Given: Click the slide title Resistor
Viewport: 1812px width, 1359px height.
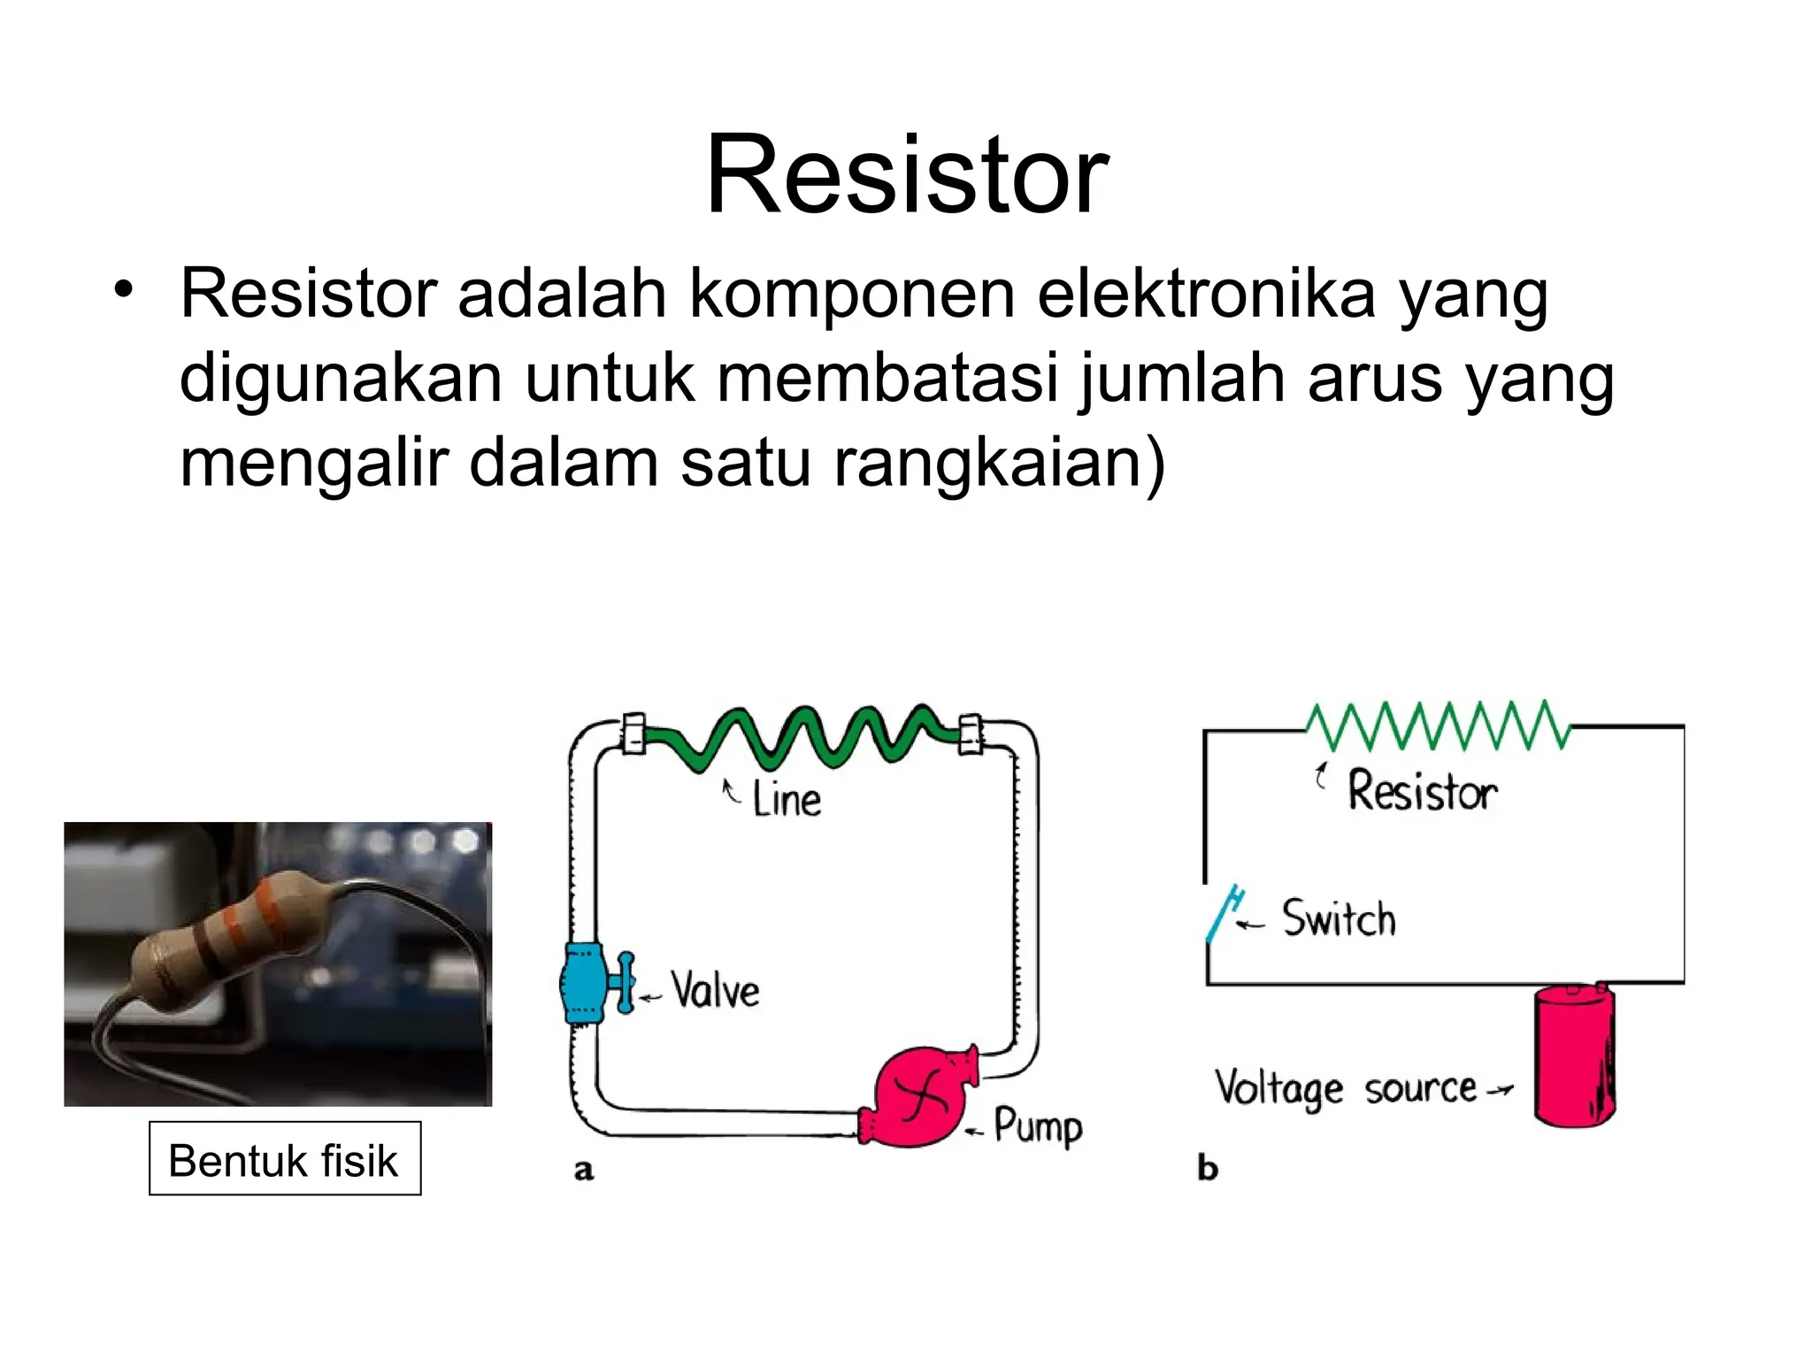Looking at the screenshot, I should click(x=906, y=174).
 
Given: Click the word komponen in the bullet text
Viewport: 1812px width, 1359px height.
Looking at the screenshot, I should click(x=851, y=294).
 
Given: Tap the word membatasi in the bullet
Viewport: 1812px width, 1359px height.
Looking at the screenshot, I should click(x=887, y=379).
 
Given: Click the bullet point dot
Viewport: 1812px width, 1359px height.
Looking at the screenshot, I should click(x=123, y=288).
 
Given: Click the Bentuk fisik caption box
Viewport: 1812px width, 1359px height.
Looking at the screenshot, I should click(x=284, y=1160).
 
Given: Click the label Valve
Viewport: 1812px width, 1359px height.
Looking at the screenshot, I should click(x=715, y=990).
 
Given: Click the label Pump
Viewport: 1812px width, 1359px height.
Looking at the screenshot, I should click(x=1037, y=1126).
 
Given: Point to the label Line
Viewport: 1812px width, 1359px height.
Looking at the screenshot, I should click(x=786, y=799).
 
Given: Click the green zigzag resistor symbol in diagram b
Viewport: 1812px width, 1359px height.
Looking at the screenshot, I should click(x=1438, y=726).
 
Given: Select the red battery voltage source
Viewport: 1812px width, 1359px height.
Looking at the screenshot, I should click(x=1574, y=1056).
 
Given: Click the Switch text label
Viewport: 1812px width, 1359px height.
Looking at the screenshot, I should click(x=1339, y=918).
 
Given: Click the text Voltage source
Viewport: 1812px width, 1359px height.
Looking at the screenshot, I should click(x=1345, y=1088).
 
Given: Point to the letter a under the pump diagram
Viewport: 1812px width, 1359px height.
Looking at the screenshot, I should click(x=584, y=1170).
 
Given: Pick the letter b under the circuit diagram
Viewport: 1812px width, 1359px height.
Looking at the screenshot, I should click(x=1208, y=1168).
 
